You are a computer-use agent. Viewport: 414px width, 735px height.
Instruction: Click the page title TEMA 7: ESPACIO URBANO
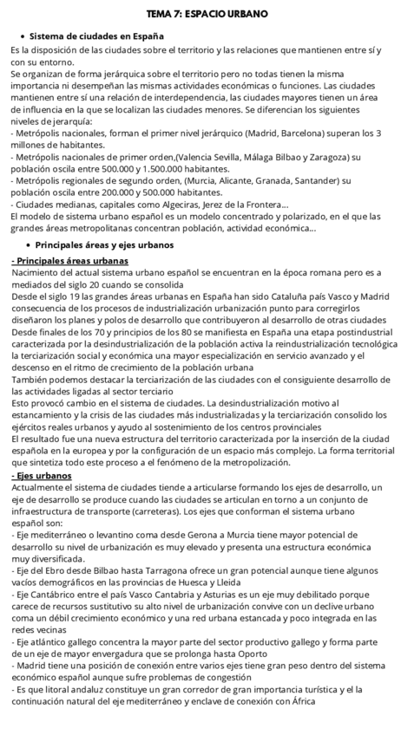[207, 15]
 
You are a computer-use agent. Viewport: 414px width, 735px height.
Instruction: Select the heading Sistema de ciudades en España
[96, 36]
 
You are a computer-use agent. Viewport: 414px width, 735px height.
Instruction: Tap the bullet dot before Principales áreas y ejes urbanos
[21, 245]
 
